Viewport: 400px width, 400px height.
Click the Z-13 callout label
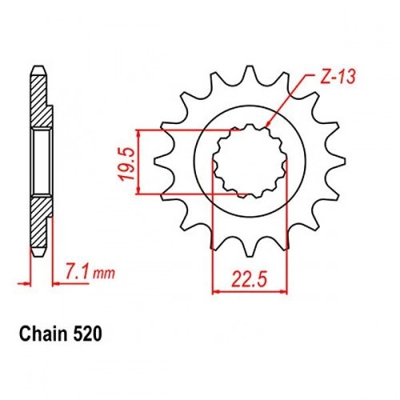coord(338,78)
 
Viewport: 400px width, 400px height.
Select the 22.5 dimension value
coord(249,280)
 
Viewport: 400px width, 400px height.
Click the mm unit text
coord(104,274)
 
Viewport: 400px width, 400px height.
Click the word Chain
coord(43,334)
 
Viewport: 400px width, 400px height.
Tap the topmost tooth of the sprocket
coord(250,71)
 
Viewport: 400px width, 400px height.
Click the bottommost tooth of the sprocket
coord(250,250)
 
